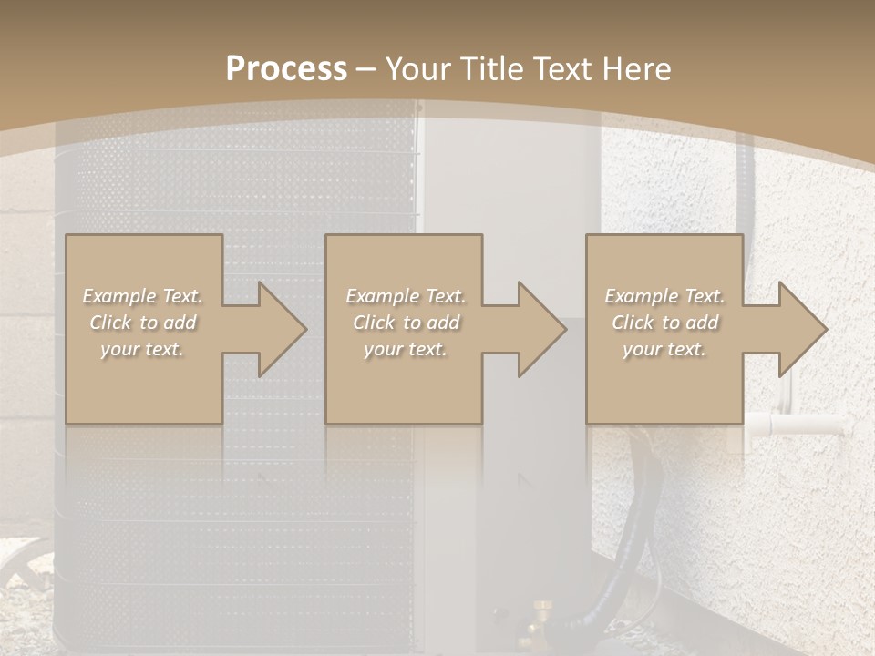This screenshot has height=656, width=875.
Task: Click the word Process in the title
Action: (286, 69)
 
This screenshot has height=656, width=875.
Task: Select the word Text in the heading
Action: (563, 69)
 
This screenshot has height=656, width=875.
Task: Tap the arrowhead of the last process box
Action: (801, 329)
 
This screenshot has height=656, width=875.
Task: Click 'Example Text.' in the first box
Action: (142, 296)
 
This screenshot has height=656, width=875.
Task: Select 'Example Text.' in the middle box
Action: (405, 296)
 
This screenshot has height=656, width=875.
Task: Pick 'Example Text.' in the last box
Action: (664, 296)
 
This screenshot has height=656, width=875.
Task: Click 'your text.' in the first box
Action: (142, 349)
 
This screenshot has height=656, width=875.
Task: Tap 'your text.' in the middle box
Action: (405, 349)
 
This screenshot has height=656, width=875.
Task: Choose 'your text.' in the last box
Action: (664, 349)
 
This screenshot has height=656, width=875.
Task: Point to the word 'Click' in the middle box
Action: (373, 323)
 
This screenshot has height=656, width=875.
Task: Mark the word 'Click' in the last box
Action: (633, 323)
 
